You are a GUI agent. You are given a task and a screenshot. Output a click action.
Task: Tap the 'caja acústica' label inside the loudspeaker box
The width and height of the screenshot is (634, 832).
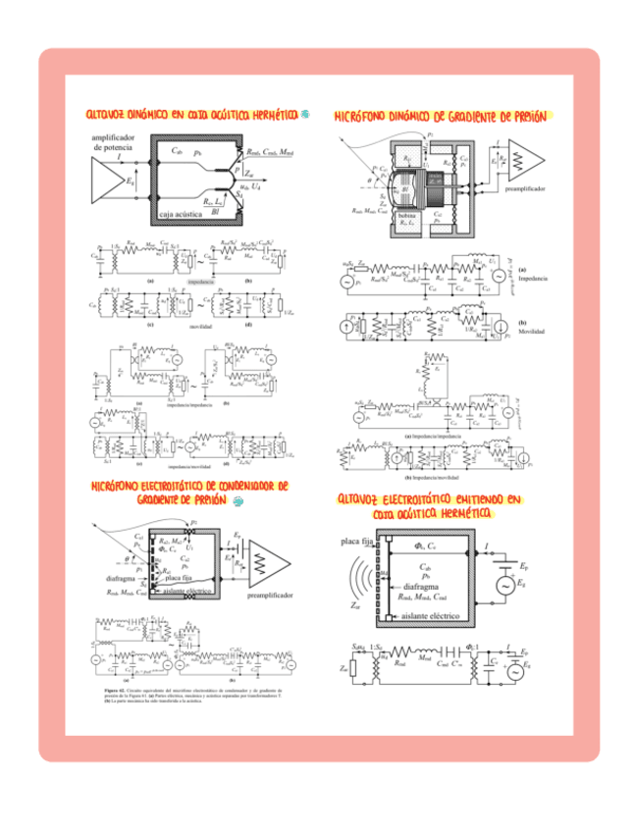[182, 212]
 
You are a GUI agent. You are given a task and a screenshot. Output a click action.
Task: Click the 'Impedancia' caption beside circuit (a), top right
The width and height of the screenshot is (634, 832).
[534, 279]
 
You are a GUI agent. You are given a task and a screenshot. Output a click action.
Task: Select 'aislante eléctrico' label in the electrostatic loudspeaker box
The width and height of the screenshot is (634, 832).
[436, 616]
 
